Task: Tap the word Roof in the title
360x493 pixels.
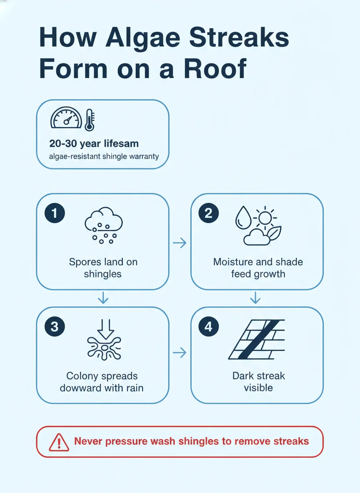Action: pyautogui.click(x=215, y=68)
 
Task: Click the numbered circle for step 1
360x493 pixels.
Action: pyautogui.click(x=55, y=213)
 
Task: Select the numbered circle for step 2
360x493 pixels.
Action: pyautogui.click(x=209, y=213)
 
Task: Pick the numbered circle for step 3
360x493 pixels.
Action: pyautogui.click(x=55, y=327)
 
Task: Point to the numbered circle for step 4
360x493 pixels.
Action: pyautogui.click(x=209, y=327)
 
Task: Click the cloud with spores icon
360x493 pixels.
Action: pyautogui.click(x=103, y=225)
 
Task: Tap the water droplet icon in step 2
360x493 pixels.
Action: pyautogui.click(x=243, y=217)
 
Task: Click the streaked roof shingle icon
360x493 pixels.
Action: pyautogui.click(x=257, y=339)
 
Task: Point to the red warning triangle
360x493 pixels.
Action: pyautogui.click(x=59, y=442)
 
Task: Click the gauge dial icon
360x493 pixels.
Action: pyautogui.click(x=66, y=117)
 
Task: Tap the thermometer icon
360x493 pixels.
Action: pyautogui.click(x=90, y=120)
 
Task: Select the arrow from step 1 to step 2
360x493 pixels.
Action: pyautogui.click(x=180, y=243)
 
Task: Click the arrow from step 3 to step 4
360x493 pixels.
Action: pyautogui.click(x=180, y=352)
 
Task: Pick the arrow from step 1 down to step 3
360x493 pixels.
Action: pyautogui.click(x=103, y=297)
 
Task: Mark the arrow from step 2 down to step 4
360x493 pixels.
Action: pyautogui.click(x=255, y=297)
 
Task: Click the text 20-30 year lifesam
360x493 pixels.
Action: pyautogui.click(x=94, y=144)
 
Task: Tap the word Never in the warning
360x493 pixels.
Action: pyautogui.click(x=88, y=441)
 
